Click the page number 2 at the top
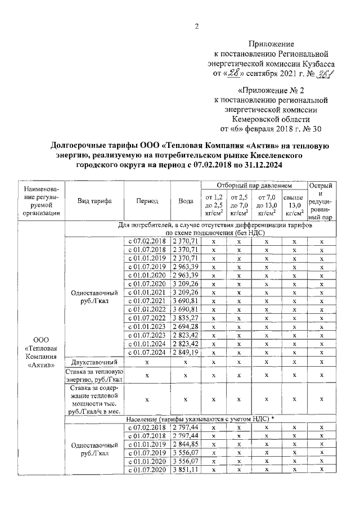point(197,27)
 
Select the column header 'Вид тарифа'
point(94,201)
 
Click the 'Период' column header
point(147,201)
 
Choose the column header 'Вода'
point(185,201)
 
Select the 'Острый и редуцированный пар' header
point(322,201)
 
